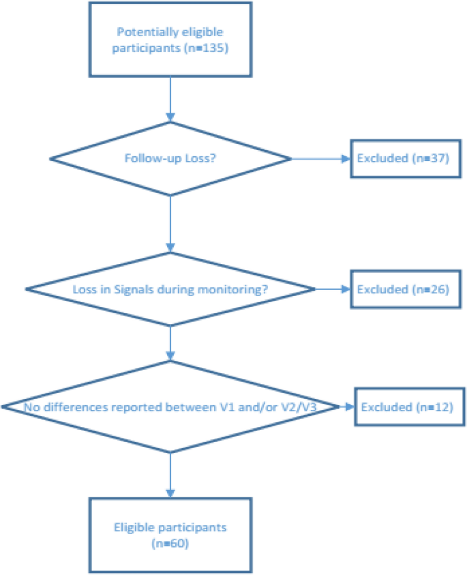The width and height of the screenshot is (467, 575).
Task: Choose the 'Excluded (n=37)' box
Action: [400, 159]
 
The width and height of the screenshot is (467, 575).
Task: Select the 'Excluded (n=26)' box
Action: [400, 289]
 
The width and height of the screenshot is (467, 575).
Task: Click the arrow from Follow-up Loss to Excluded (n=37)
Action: [320, 159]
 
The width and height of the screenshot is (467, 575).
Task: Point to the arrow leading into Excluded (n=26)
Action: [333, 289]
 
